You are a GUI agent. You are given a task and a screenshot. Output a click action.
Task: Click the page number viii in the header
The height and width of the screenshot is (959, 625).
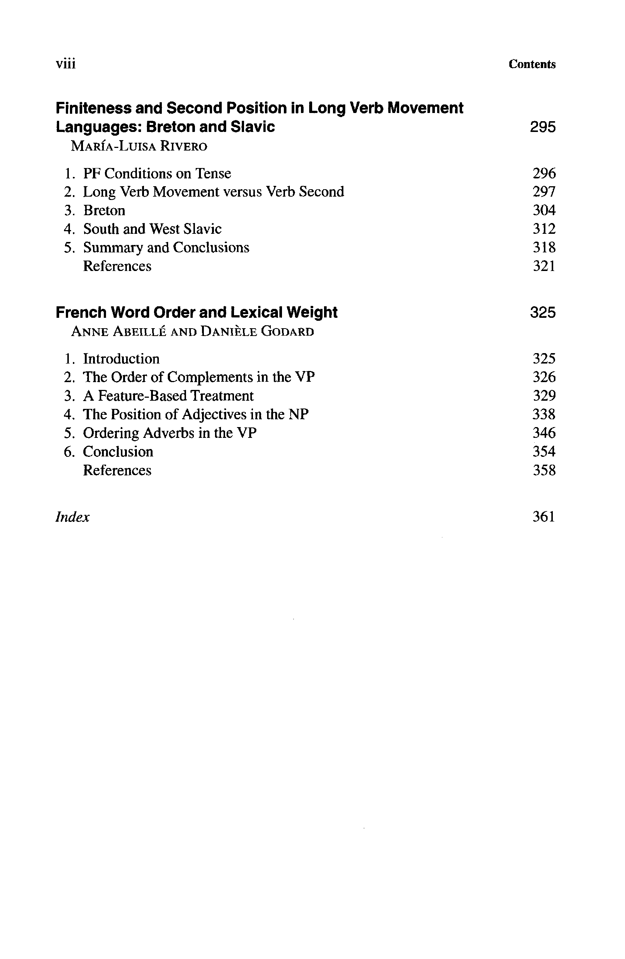click(x=66, y=64)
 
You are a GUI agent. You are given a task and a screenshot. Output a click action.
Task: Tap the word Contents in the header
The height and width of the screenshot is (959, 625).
click(x=532, y=64)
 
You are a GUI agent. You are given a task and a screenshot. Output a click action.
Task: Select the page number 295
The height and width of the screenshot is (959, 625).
click(x=543, y=127)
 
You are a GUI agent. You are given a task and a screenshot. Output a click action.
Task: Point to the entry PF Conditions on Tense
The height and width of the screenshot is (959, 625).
click(x=157, y=174)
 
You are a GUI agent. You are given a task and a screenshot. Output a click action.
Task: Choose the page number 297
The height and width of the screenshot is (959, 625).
click(x=544, y=192)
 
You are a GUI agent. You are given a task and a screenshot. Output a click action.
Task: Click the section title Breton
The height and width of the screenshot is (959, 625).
click(x=104, y=210)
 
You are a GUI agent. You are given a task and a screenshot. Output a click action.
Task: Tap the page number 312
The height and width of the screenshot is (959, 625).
click(x=544, y=229)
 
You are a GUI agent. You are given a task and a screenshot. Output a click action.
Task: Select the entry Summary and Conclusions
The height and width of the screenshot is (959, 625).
click(x=166, y=248)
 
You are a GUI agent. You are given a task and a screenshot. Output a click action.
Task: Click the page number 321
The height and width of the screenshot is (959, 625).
click(x=544, y=266)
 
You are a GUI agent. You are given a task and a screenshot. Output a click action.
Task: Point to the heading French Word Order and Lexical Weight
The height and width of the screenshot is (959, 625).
click(x=196, y=312)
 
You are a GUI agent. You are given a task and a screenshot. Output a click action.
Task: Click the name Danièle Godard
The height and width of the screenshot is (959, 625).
click(x=257, y=332)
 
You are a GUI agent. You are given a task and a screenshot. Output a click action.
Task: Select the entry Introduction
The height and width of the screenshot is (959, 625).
click(x=121, y=359)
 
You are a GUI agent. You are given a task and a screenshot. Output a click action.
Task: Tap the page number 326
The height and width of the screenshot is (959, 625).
click(x=544, y=377)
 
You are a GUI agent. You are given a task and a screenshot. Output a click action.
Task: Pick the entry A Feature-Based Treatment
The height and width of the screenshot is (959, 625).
click(x=168, y=396)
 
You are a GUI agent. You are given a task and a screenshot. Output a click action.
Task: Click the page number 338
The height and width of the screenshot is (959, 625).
click(x=544, y=414)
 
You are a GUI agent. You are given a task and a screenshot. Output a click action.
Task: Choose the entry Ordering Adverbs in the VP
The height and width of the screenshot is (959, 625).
click(x=170, y=433)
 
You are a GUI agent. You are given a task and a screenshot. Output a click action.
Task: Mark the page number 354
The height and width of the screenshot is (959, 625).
click(x=544, y=451)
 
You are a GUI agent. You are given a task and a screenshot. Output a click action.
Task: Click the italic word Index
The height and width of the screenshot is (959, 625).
click(x=73, y=517)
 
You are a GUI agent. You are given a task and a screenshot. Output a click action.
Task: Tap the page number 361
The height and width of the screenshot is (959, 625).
click(x=544, y=517)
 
